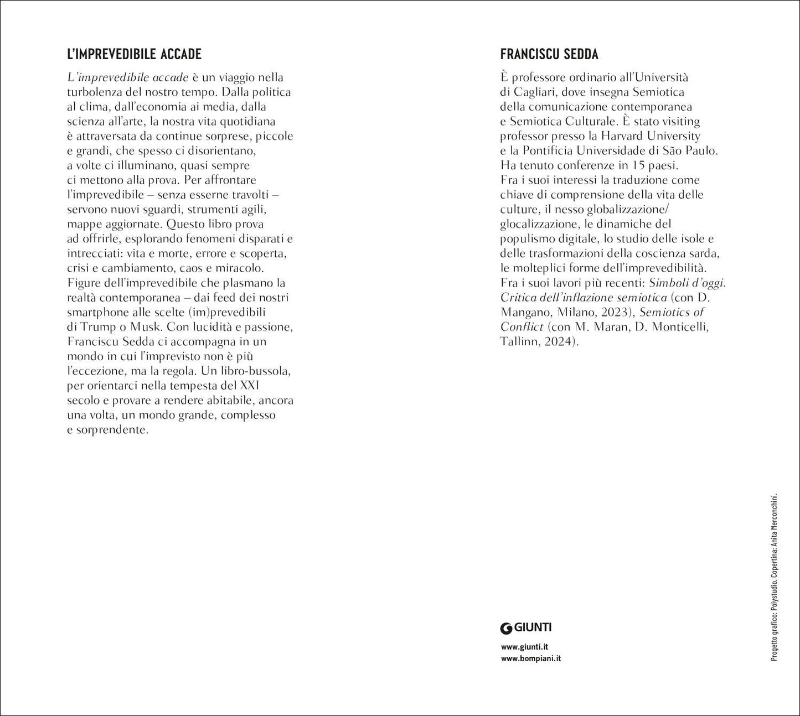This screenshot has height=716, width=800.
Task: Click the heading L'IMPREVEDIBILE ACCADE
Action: tap(134, 54)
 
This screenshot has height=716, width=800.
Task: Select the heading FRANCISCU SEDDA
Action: tap(549, 54)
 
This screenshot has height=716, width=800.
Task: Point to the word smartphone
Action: tap(96, 312)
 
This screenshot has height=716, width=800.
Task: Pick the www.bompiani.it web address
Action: tap(530, 658)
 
